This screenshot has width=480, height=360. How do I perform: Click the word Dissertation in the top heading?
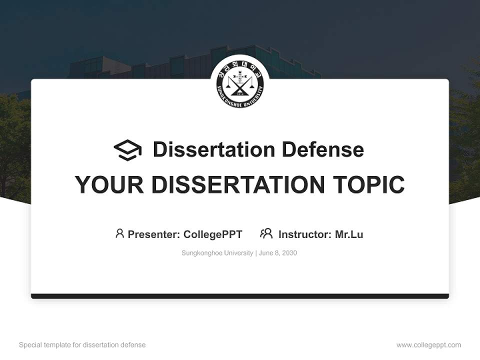214,149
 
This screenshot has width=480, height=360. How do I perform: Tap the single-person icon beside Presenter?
119,233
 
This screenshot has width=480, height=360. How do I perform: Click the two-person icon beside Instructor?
266,233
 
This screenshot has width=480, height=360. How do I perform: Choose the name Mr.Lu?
349,234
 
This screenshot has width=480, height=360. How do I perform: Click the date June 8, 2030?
278,253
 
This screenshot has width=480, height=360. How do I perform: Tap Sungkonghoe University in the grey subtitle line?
217,253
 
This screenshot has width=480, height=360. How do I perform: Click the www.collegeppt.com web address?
428,345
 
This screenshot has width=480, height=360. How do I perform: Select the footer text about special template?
82,345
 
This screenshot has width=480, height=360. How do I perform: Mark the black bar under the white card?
240,296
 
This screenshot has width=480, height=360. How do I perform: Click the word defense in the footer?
133,345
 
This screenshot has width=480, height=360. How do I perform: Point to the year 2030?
289,253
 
